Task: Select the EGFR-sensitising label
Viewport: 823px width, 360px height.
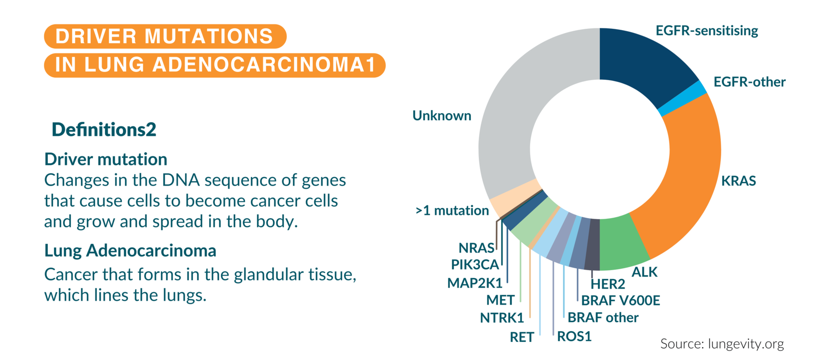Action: (706, 31)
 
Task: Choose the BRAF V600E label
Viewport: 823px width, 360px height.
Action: (620, 301)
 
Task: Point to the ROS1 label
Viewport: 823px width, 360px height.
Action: (574, 337)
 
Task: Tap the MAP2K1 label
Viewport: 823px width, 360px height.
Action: (475, 283)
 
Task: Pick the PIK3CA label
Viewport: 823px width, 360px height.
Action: (475, 265)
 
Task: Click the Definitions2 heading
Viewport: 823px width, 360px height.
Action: (104, 130)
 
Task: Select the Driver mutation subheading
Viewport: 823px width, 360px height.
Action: (106, 159)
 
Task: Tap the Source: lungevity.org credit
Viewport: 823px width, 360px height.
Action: (722, 344)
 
